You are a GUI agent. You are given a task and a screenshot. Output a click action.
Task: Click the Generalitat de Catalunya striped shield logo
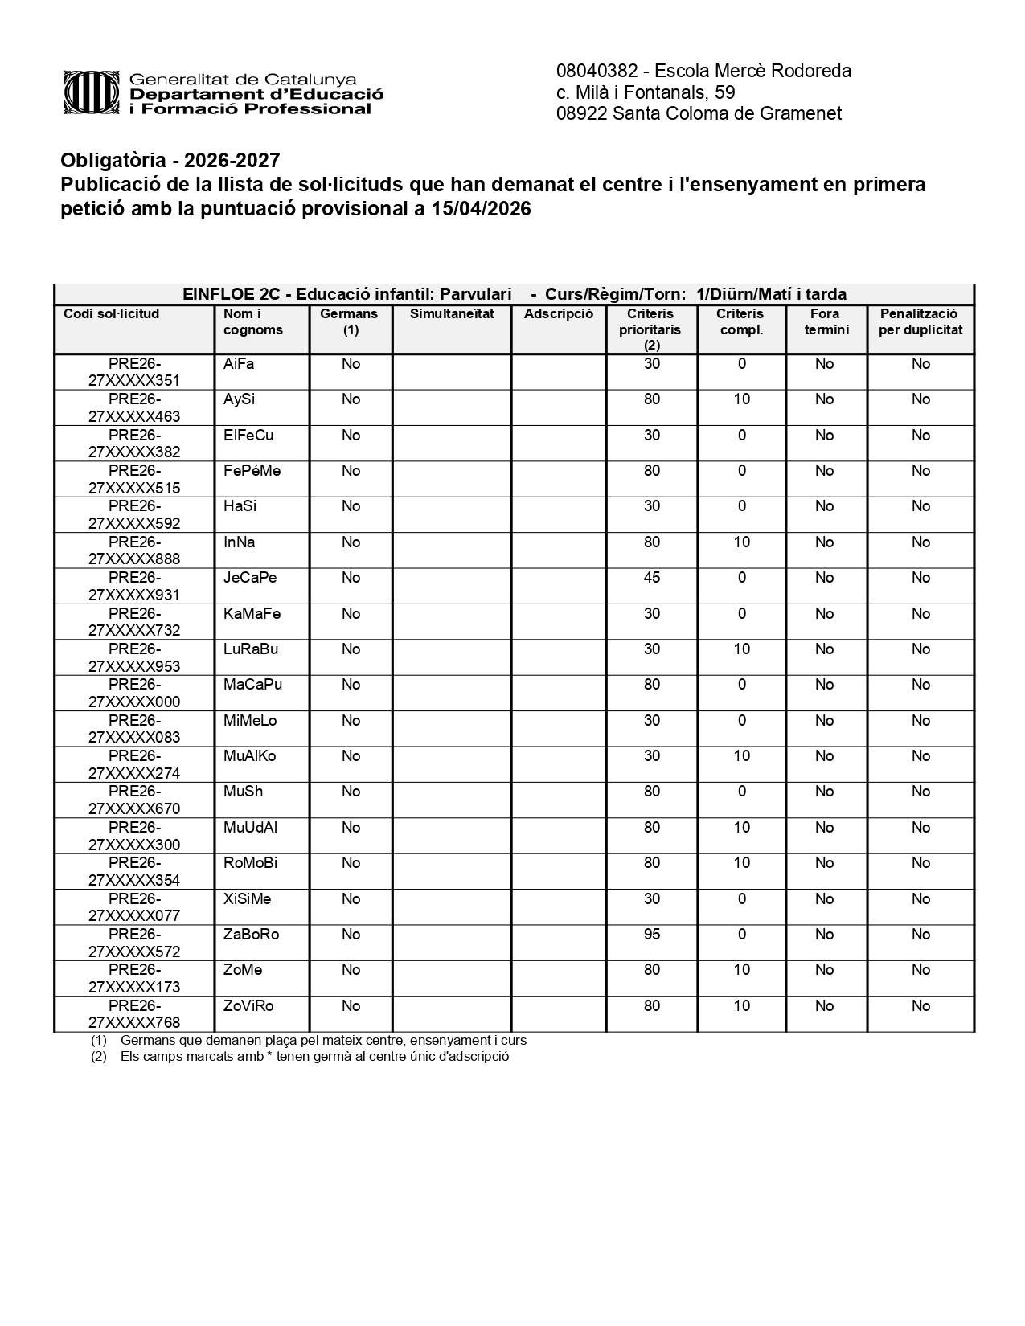(x=92, y=93)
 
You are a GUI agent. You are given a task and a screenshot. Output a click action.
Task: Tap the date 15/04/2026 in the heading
(x=481, y=209)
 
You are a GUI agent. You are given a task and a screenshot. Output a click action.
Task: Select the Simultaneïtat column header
(x=452, y=314)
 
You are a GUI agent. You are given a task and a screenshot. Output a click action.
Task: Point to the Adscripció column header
(x=558, y=314)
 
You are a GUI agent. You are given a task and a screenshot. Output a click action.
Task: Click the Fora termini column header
(x=826, y=321)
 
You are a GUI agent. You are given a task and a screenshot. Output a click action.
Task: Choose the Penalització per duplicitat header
(x=920, y=321)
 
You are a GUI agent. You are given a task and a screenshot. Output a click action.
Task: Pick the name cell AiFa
(x=239, y=364)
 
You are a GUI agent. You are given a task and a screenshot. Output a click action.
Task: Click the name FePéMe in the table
(x=252, y=471)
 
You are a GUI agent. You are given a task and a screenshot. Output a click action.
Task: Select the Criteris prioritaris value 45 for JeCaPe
(x=652, y=578)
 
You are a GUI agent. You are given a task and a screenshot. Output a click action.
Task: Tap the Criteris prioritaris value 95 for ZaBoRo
(x=652, y=935)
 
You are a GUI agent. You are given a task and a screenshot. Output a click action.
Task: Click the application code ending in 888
(x=134, y=550)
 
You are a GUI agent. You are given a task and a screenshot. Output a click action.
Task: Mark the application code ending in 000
(x=134, y=693)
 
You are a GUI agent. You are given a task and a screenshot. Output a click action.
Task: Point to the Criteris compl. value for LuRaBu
(x=741, y=649)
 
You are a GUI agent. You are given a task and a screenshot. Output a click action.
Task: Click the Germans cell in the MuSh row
(x=351, y=792)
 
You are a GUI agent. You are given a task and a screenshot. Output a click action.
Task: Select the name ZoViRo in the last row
(x=248, y=1006)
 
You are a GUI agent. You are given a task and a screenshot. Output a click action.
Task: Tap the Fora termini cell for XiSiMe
(x=824, y=899)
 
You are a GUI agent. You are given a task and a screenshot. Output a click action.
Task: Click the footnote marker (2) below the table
(x=99, y=1057)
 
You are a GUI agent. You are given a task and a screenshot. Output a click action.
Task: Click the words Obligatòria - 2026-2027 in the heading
(x=170, y=161)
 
